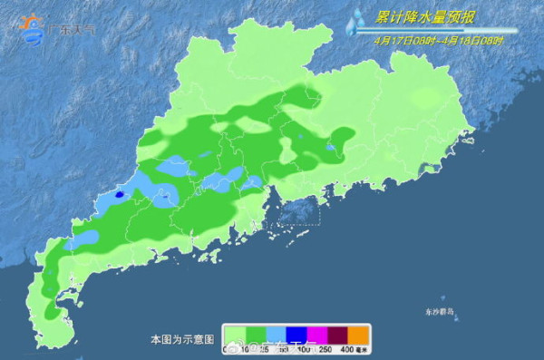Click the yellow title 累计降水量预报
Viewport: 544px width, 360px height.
pos(427,16)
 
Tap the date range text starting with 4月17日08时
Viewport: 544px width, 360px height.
pos(438,41)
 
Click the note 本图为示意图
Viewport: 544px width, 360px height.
pos(182,339)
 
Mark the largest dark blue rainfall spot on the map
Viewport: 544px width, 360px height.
pos(120,193)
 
